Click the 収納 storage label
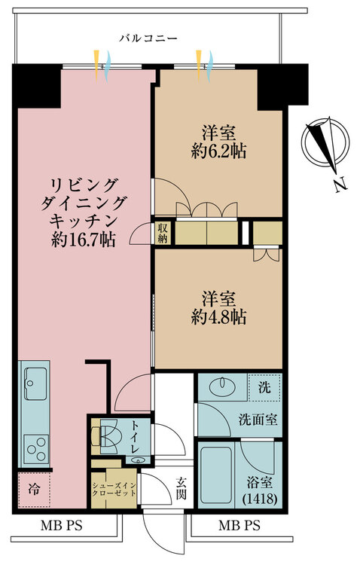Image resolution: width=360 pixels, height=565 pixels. click(x=163, y=234)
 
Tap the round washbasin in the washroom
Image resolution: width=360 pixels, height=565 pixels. click(x=221, y=388)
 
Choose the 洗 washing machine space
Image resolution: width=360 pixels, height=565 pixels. click(x=265, y=388)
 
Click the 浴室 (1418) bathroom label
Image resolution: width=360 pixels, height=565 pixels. click(x=258, y=490)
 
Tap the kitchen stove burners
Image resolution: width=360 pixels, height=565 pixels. click(x=35, y=448)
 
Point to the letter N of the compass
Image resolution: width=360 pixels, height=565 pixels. click(x=340, y=184)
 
